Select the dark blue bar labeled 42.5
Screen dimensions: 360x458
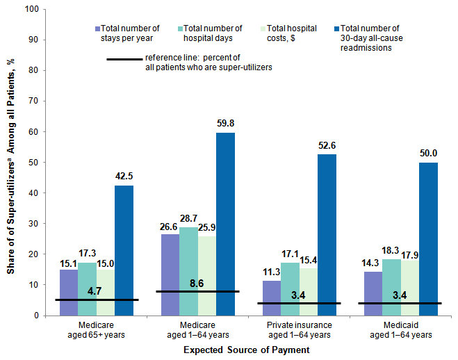click(x=124, y=250)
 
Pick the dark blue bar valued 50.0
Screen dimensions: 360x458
click(x=428, y=239)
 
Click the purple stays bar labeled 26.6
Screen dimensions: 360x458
click(x=170, y=275)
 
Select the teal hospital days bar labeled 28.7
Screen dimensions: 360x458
click(x=188, y=271)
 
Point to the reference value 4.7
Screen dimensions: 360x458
click(x=97, y=293)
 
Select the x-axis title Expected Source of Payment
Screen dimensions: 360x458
click(x=246, y=351)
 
